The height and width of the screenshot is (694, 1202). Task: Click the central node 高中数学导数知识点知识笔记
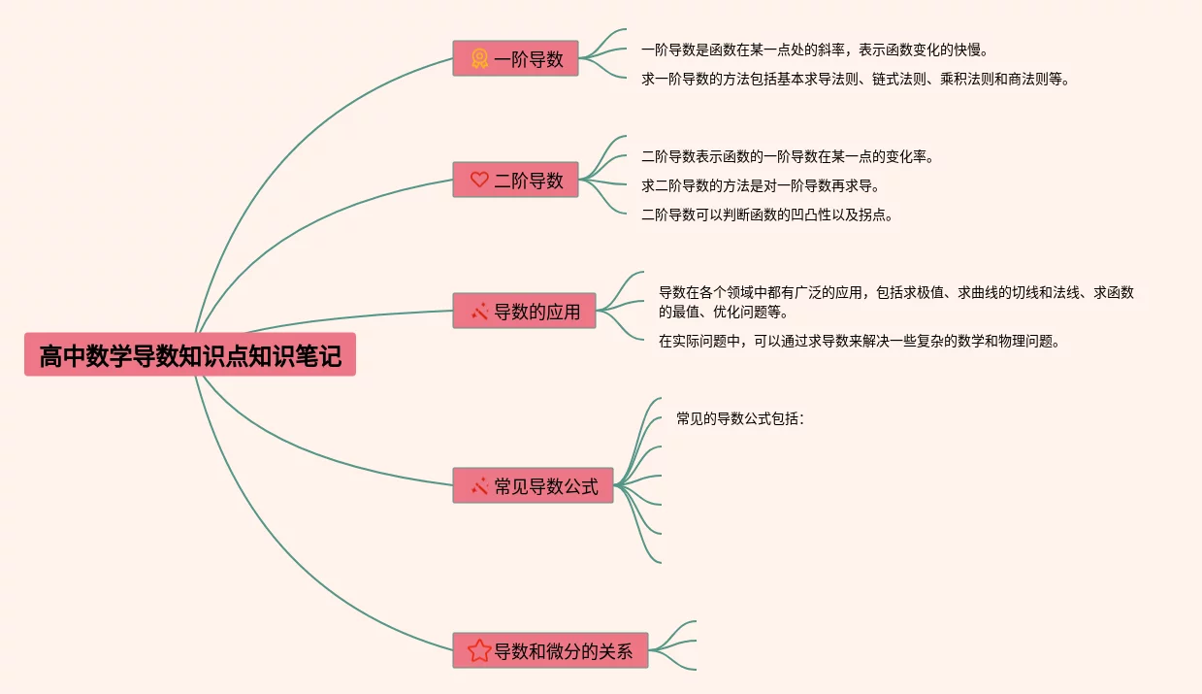(x=190, y=356)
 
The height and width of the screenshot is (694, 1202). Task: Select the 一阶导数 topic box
(x=515, y=58)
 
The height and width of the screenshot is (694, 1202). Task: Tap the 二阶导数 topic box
(x=515, y=180)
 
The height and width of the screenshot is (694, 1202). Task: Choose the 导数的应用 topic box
(x=524, y=311)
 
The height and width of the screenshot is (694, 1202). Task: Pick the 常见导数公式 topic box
(x=533, y=485)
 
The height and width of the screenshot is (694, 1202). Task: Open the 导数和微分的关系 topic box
(x=550, y=650)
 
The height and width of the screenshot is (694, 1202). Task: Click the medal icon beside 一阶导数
(x=479, y=58)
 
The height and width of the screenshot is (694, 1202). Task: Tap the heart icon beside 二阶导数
(x=479, y=180)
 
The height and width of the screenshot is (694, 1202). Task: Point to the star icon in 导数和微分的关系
(x=479, y=650)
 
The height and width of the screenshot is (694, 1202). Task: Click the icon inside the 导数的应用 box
(x=479, y=312)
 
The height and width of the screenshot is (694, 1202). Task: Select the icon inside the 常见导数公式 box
(x=479, y=485)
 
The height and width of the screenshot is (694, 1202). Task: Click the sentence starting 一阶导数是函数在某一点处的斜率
(x=814, y=50)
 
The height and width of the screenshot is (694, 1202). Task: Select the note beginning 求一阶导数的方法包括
(x=855, y=80)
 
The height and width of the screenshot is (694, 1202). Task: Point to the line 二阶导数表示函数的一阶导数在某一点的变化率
(x=787, y=156)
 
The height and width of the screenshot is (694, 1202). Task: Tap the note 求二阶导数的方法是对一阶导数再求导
(x=760, y=185)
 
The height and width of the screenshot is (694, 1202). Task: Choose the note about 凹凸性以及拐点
(x=766, y=215)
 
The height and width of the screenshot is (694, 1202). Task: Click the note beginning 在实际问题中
(x=858, y=341)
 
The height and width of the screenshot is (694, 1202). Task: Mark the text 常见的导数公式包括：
(x=740, y=419)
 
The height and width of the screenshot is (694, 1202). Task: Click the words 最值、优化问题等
(x=723, y=312)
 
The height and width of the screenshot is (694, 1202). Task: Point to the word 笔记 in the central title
(x=325, y=356)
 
